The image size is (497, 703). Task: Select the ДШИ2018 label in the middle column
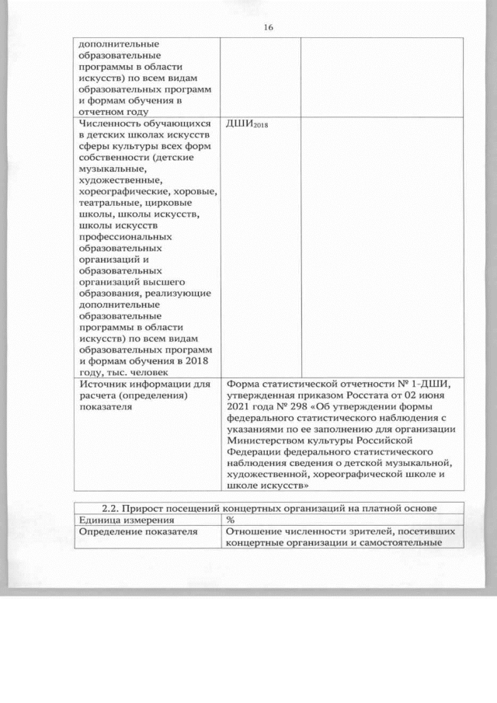coord(245,124)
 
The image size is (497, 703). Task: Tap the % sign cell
coord(231,520)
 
